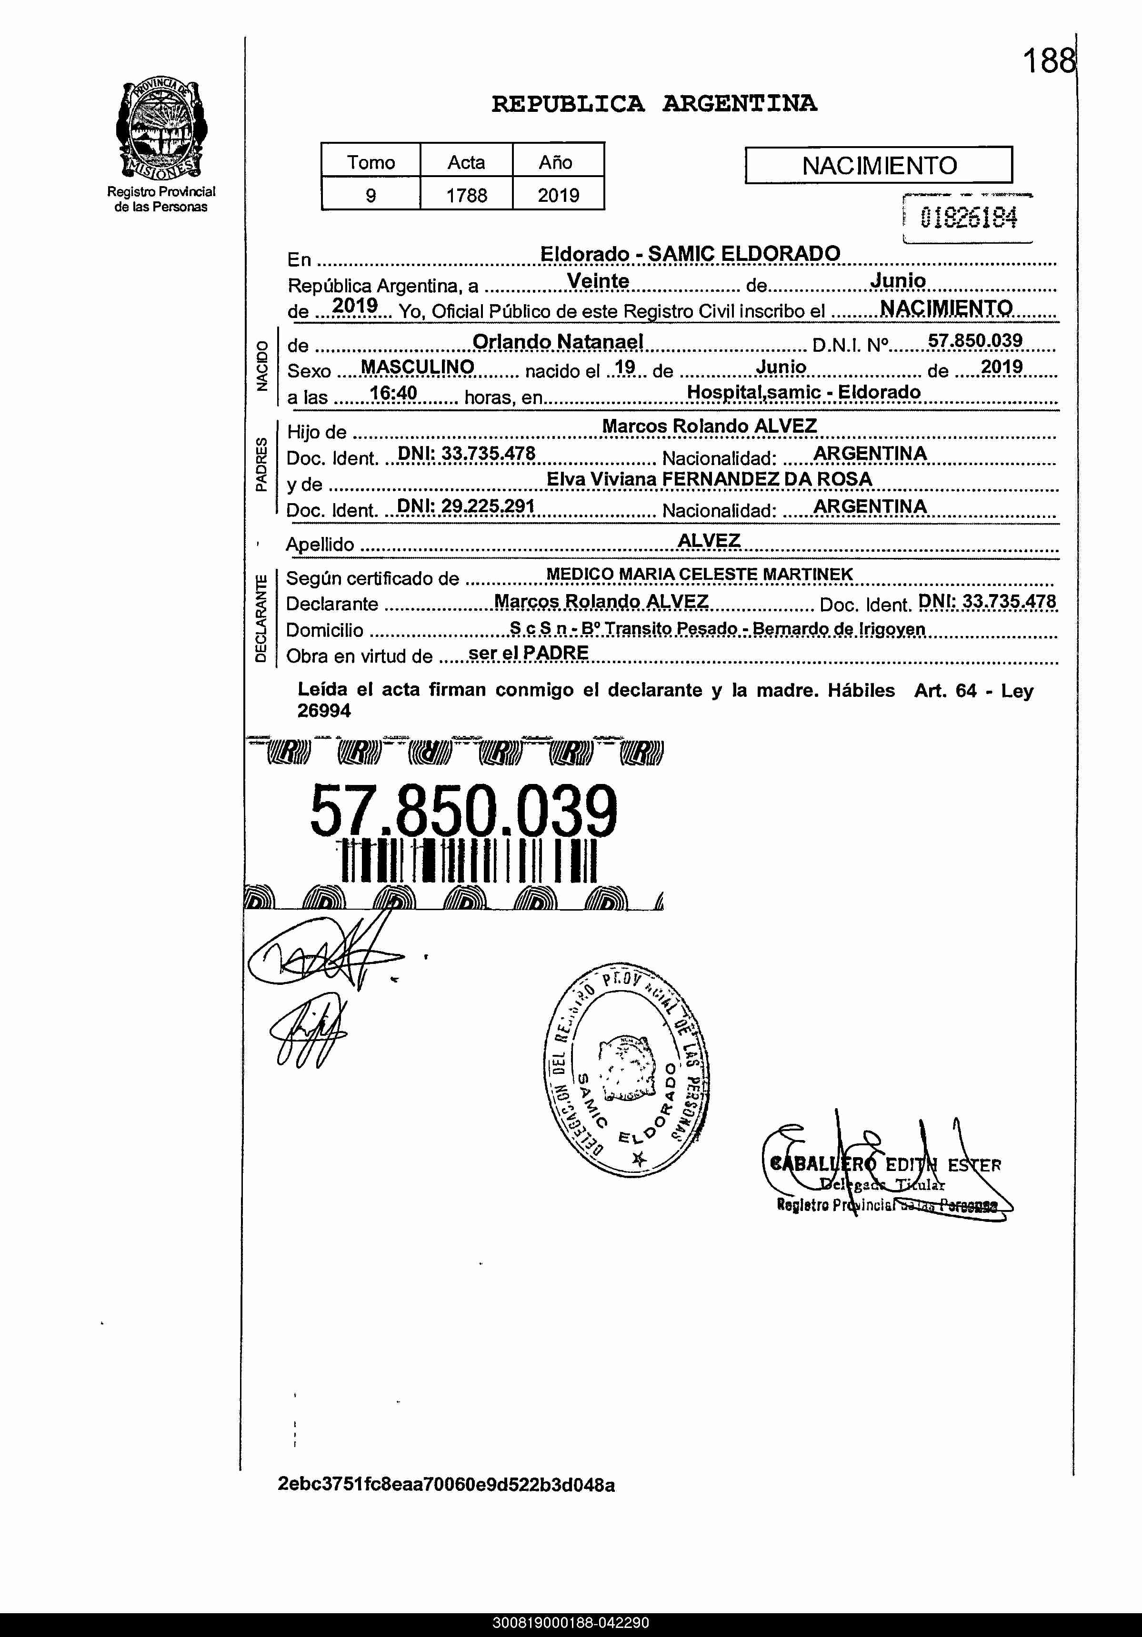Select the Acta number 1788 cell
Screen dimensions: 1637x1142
coord(467,195)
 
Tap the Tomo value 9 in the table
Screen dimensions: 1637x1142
coord(371,195)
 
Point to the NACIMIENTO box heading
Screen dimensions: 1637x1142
coord(879,165)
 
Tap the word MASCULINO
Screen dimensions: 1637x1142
coord(417,367)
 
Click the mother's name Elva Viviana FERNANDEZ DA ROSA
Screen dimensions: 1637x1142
coord(709,479)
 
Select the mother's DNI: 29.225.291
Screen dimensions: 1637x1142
coord(466,506)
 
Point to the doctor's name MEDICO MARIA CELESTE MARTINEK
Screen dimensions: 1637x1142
coord(699,574)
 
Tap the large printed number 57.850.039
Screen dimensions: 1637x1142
coord(464,812)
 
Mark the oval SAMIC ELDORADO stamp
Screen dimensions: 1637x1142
coord(626,1070)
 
